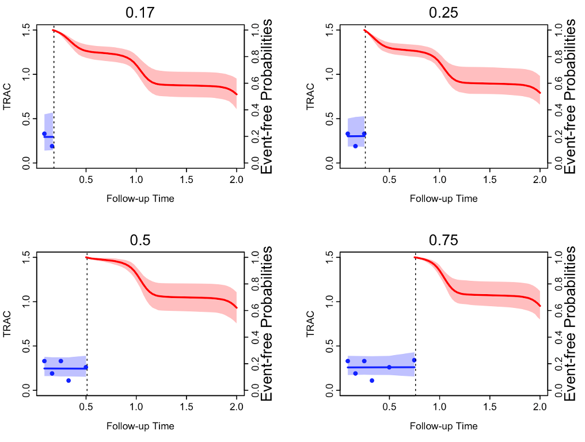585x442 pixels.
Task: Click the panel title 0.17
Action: click(x=140, y=12)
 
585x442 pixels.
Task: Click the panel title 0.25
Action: click(x=443, y=12)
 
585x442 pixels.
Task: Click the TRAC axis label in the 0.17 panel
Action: click(x=7, y=96)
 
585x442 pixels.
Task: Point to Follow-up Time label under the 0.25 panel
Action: click(x=443, y=199)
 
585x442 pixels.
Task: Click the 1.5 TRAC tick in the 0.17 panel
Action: click(x=24, y=30)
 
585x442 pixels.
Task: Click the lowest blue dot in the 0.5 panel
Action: click(x=69, y=380)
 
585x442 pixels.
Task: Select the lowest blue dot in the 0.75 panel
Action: click(x=372, y=380)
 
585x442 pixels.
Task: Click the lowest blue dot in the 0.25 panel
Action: click(x=355, y=146)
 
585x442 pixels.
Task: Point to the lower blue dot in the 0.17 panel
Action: click(x=52, y=146)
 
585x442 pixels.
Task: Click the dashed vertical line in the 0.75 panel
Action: click(x=415, y=328)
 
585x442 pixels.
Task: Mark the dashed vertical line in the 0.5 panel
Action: click(x=86, y=328)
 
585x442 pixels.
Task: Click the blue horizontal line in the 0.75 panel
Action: click(x=380, y=367)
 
